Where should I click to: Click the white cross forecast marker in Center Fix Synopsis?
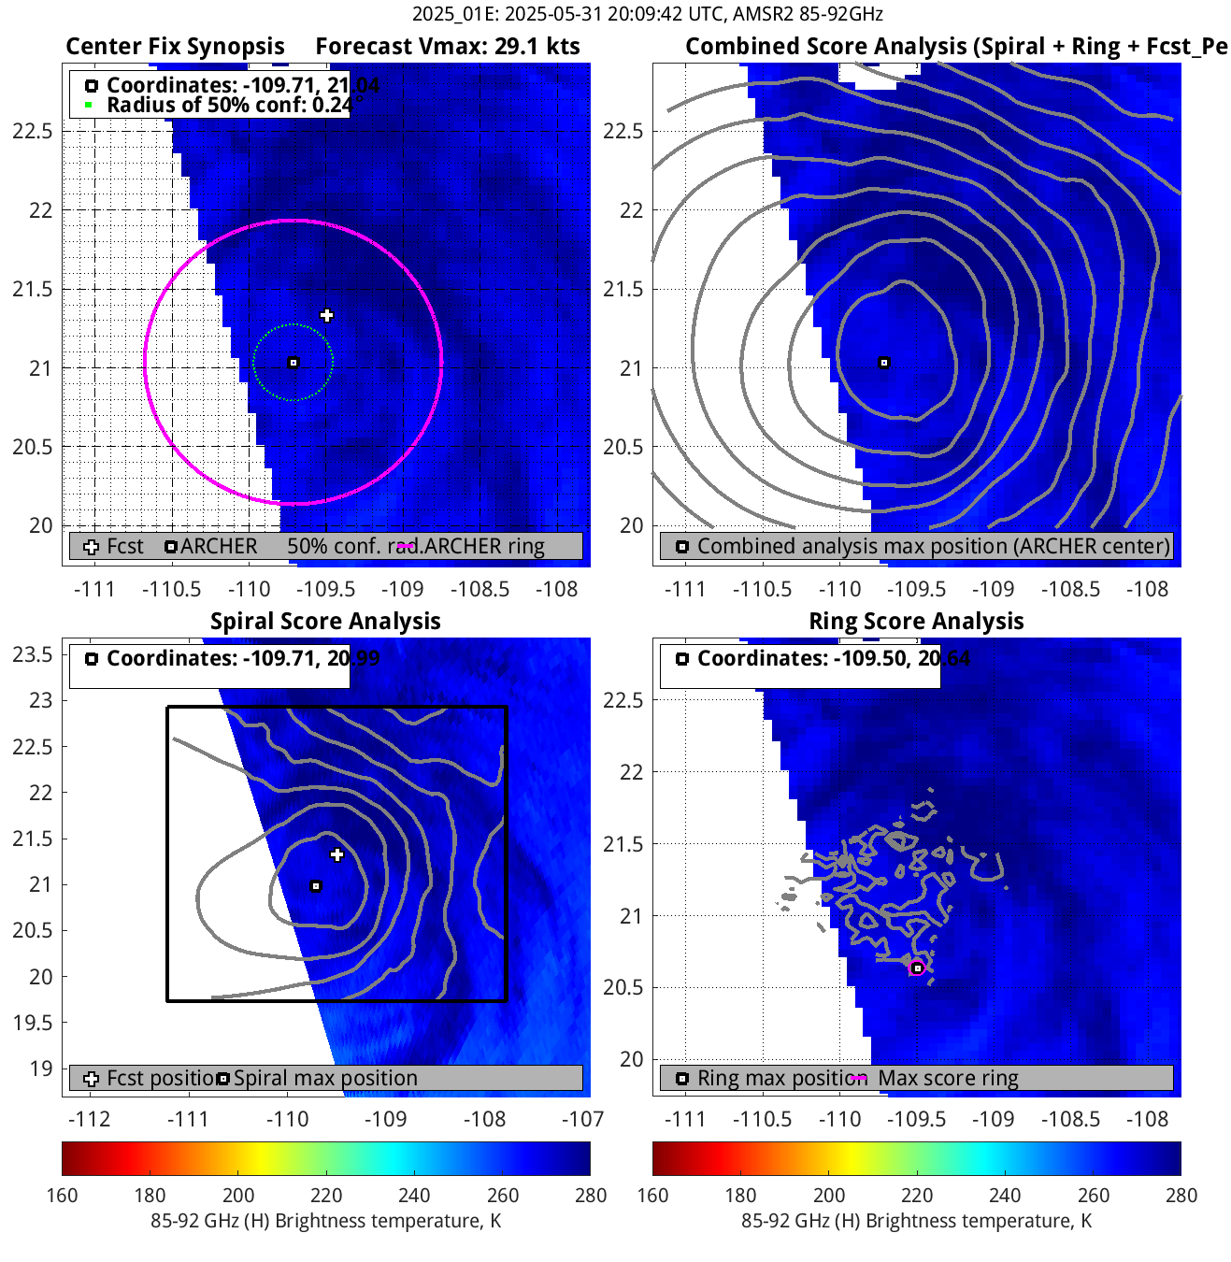pyautogui.click(x=326, y=315)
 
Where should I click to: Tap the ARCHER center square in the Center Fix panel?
pyautogui.click(x=293, y=363)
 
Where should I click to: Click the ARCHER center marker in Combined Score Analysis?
pyautogui.click(x=884, y=363)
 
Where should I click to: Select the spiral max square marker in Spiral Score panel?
pyautogui.click(x=316, y=886)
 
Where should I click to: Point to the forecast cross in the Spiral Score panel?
pyautogui.click(x=337, y=854)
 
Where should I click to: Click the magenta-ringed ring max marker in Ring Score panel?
pyautogui.click(x=918, y=968)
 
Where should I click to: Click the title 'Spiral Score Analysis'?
pyautogui.click(x=325, y=622)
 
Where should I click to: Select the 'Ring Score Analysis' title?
pyautogui.click(x=916, y=622)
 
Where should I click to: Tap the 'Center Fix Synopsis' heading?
pyautogui.click(x=175, y=47)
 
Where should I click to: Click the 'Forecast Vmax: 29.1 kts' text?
pyautogui.click(x=448, y=47)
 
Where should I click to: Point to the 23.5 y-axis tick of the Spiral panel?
pyautogui.click(x=33, y=654)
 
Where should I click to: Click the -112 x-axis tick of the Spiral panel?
pyautogui.click(x=89, y=1119)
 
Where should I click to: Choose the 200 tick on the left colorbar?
pyautogui.click(x=238, y=1196)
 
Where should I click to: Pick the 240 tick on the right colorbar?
pyautogui.click(x=1005, y=1196)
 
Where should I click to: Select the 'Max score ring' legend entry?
pyautogui.click(x=948, y=1079)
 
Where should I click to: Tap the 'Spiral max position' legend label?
pyautogui.click(x=325, y=1079)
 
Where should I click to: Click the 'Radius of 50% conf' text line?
pyautogui.click(x=229, y=105)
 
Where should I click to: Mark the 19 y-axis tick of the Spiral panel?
pyautogui.click(x=41, y=1068)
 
